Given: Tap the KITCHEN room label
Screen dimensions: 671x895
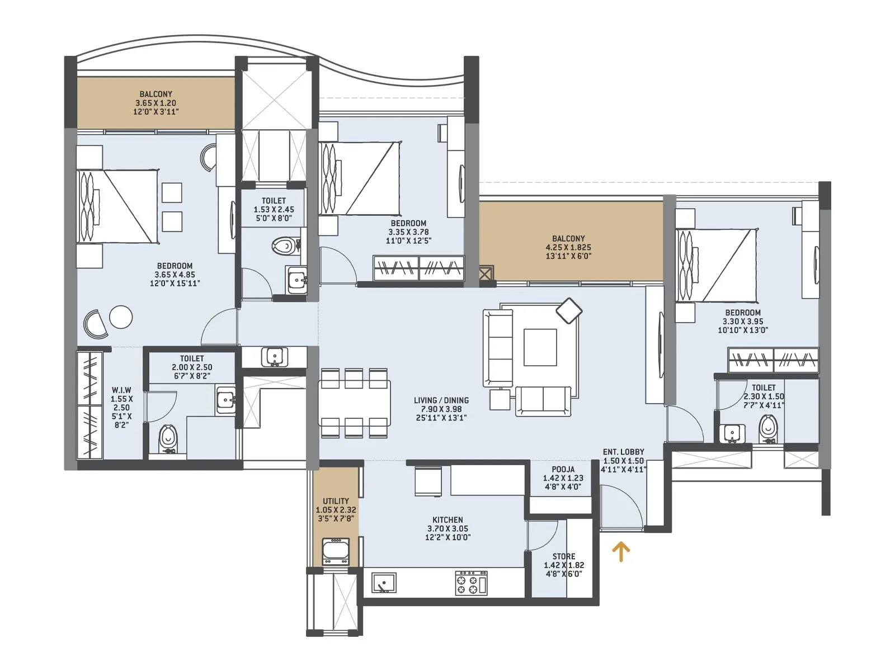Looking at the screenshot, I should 447,519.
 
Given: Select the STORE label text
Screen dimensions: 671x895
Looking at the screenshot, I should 563,556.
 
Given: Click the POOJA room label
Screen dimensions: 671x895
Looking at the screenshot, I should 563,469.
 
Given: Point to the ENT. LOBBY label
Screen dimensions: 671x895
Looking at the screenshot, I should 623,452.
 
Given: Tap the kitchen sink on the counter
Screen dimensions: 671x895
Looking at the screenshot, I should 384,582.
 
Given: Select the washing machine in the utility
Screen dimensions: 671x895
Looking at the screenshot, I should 336,551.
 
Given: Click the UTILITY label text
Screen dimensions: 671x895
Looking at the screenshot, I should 336,501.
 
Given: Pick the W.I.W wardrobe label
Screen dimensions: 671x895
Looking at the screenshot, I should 121,390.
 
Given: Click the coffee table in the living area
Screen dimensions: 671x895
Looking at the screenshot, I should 540,347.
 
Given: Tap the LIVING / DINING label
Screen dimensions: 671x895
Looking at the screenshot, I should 441,400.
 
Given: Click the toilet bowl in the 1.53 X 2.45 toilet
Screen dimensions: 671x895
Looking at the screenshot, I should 285,245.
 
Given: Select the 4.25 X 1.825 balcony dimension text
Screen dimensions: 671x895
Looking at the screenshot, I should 568,247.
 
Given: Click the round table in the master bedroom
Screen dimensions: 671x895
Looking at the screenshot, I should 121,316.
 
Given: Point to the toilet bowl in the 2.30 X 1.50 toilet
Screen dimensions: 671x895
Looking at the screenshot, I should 769,428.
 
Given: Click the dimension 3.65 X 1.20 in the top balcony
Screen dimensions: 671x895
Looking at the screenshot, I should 156,103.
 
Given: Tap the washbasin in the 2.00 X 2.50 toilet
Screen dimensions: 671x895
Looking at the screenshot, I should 225,399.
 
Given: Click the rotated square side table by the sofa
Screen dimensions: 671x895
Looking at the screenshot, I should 569,310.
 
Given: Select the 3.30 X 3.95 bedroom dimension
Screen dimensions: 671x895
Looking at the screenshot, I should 743,322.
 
